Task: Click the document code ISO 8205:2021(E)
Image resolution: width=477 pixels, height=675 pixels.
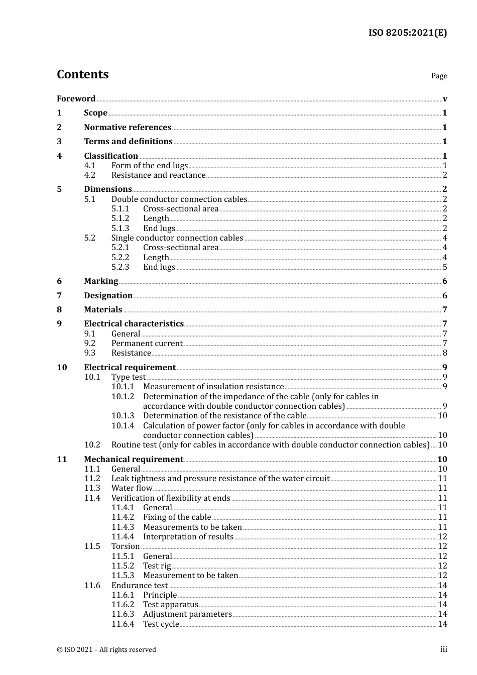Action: click(x=407, y=33)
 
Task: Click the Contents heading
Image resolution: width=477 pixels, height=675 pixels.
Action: click(x=82, y=74)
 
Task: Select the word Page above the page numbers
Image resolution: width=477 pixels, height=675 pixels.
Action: click(x=439, y=76)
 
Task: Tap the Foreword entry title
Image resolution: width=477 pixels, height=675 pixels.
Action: click(x=76, y=98)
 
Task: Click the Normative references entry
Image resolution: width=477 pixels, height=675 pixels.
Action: click(x=128, y=127)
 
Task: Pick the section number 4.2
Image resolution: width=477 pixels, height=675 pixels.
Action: click(x=89, y=175)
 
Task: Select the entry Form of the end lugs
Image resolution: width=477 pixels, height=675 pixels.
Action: click(x=150, y=166)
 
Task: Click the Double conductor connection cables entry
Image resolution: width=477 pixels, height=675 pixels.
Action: click(x=179, y=199)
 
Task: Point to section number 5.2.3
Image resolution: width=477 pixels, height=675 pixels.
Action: click(x=120, y=267)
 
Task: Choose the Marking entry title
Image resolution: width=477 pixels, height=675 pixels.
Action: click(x=101, y=281)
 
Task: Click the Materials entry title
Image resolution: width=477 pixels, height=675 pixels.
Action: click(x=103, y=310)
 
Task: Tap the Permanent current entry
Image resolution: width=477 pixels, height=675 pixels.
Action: click(x=147, y=344)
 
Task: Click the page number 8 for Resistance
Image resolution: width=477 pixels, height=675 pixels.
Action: click(x=445, y=353)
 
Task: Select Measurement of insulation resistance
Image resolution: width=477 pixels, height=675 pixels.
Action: click(x=213, y=387)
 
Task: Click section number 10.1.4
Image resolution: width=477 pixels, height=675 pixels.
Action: click(x=123, y=426)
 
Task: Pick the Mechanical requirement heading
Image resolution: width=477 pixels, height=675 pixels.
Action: click(x=134, y=460)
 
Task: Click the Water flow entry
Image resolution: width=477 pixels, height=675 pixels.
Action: click(x=132, y=488)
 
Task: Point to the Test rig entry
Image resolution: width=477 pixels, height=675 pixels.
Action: click(x=157, y=566)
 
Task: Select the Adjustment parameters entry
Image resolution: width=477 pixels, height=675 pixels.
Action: click(x=187, y=614)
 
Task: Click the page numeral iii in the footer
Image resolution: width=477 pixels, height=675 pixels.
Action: click(x=443, y=649)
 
